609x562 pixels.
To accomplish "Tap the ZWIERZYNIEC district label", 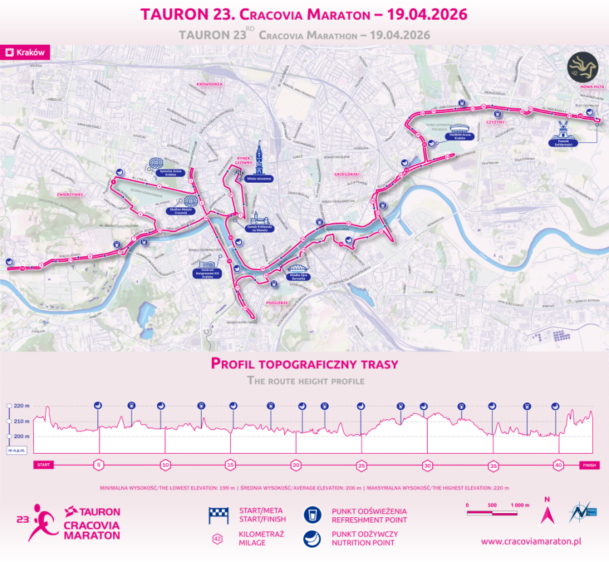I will point(70,194).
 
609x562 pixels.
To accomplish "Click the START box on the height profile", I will point(43,465).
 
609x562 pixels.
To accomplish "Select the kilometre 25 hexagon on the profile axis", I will point(361,465).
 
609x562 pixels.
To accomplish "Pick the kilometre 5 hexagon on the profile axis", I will point(99,465).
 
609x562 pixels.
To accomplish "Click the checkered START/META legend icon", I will point(217,516).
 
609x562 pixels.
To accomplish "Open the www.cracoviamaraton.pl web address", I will point(532,542).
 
